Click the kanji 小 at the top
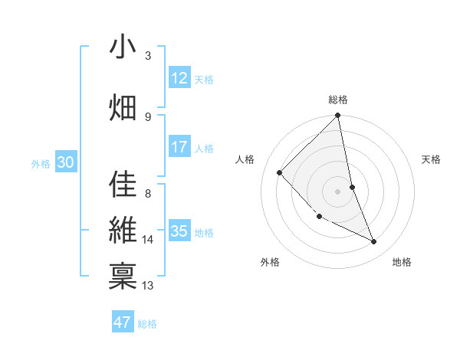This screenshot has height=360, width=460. click(123, 47)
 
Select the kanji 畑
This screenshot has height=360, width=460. click(123, 107)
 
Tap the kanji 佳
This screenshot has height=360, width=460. click(123, 184)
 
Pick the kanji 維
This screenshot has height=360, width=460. click(123, 231)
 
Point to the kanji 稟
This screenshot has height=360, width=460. click(123, 277)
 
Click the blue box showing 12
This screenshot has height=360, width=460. click(179, 78)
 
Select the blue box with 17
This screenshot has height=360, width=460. click(179, 147)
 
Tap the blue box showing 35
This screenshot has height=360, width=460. click(179, 231)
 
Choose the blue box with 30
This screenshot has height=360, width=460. click(65, 162)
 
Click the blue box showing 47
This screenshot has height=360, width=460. click(123, 322)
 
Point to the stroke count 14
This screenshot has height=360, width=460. click(148, 240)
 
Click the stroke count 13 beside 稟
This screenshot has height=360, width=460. click(148, 286)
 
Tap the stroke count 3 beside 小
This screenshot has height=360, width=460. click(148, 56)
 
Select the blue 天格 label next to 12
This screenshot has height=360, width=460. click(204, 79)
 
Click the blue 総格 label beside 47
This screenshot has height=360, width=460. click(147, 324)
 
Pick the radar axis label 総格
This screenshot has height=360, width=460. click(338, 100)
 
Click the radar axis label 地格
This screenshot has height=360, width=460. click(402, 262)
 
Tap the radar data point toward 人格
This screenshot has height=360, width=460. click(280, 172)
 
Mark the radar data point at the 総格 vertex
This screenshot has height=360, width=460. click(338, 116)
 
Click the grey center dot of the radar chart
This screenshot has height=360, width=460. click(338, 191)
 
